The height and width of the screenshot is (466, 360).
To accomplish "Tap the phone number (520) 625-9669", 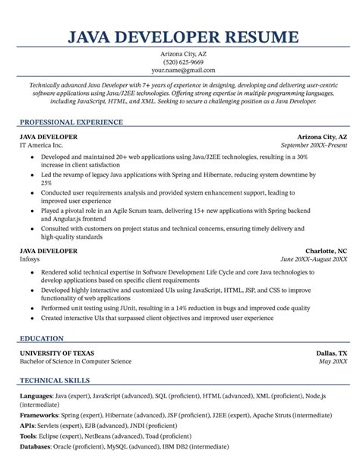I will pos(179,62).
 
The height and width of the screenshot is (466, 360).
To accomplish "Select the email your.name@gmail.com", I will pos(179,72).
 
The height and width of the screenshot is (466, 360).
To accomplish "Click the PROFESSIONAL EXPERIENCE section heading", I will pos(71,122).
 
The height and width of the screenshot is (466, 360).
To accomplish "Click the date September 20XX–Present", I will pos(314,144).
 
